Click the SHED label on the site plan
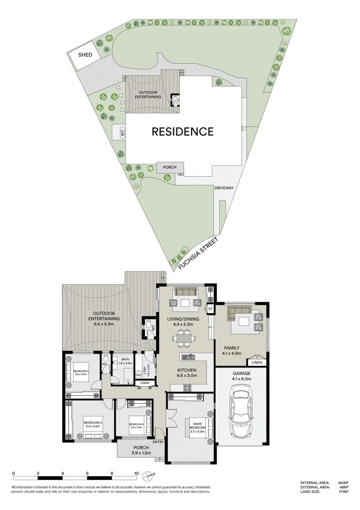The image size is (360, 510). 85,55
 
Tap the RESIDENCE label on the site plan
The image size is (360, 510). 182,131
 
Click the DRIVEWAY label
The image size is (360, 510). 224,187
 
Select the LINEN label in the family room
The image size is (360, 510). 257,363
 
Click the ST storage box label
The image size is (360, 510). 211,309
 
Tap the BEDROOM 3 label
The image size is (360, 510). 93,424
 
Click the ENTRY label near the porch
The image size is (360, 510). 158,442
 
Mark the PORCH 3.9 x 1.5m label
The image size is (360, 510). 141,450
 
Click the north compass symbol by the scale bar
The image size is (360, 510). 150,475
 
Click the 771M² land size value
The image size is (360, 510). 343,492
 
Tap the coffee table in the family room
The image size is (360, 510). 244,322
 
